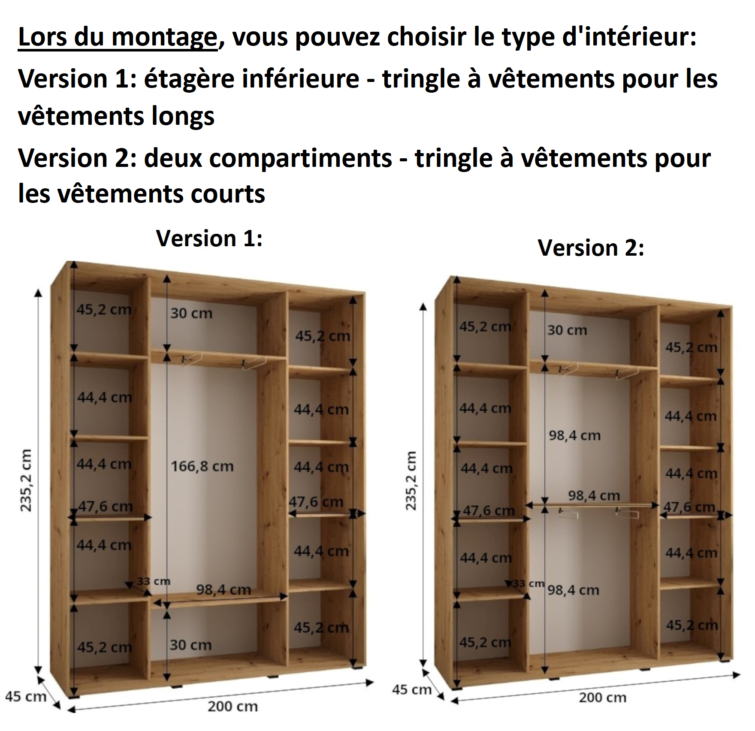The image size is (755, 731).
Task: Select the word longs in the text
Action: point(183,117)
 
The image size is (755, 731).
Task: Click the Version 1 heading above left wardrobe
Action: point(209,238)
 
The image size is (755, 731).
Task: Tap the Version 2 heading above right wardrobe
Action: point(591,248)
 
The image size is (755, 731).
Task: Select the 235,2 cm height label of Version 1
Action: point(26,480)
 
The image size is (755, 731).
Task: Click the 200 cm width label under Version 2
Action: point(602,698)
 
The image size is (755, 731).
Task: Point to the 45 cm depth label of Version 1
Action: point(26,696)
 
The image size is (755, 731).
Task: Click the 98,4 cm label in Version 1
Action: point(223,590)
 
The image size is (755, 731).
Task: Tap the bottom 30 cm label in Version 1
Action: point(190,645)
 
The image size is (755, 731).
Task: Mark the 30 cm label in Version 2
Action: point(567,330)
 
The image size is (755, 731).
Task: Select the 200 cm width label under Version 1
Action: point(233,706)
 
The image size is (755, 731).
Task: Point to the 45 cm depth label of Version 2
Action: point(411,690)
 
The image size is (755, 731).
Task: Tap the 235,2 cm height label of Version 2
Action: point(411,481)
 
